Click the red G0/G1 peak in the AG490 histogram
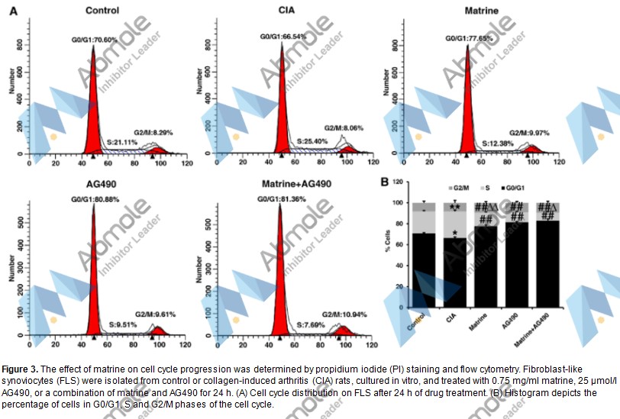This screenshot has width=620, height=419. click(x=92, y=290)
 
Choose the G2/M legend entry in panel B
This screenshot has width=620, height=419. click(x=436, y=187)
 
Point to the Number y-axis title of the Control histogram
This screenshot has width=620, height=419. click(x=11, y=83)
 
